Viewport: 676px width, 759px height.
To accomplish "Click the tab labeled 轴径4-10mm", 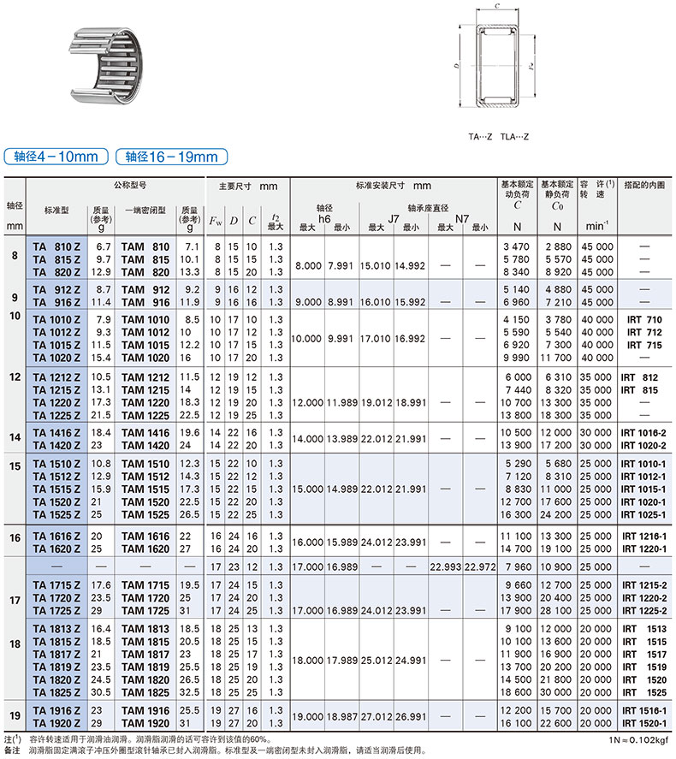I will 56,157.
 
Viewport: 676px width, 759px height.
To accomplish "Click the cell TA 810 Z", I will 56,246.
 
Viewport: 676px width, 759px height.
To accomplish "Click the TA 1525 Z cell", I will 56,514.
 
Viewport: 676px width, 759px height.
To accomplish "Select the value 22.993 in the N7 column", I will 446,566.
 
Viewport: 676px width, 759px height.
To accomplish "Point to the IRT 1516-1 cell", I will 643,710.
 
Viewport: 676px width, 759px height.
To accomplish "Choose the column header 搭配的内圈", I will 643,184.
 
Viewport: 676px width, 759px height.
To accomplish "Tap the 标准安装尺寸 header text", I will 392,185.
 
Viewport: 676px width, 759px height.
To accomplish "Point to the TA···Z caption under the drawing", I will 481,136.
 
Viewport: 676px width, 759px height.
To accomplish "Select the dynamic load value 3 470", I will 517,246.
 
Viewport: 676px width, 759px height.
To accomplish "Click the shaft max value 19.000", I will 307,717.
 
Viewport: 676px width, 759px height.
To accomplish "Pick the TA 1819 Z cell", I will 56,667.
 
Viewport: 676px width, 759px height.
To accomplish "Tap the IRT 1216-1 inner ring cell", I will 643,535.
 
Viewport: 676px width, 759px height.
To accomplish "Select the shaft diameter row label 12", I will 15,377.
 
